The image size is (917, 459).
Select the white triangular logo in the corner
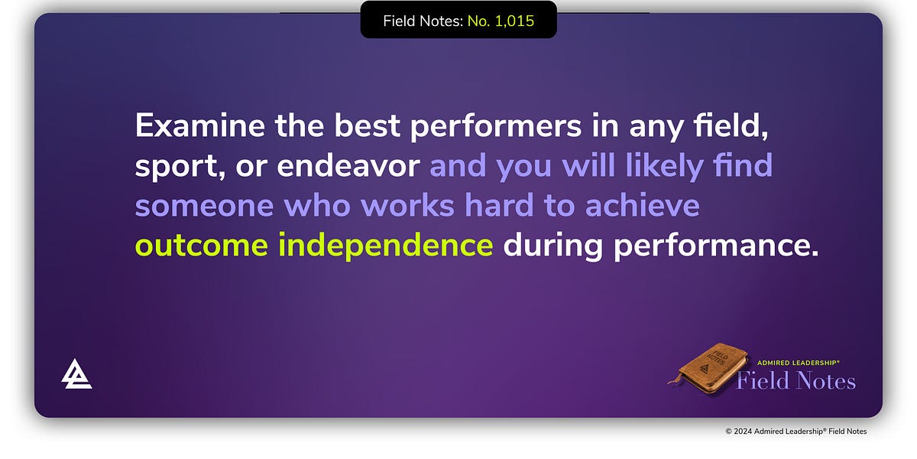point(76,374)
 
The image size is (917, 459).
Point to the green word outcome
point(201,246)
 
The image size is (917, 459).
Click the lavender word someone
point(205,206)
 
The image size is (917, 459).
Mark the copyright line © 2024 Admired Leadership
point(795,431)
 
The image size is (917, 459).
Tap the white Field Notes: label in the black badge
point(423,21)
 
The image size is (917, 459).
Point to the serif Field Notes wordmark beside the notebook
point(795,380)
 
